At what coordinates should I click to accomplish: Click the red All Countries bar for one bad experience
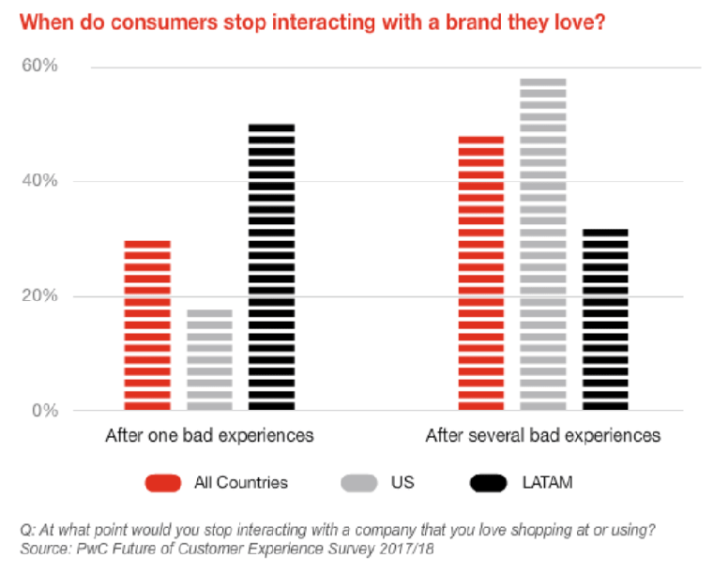click(x=147, y=325)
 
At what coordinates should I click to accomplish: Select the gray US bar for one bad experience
click(x=209, y=360)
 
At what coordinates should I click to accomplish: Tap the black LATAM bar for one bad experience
click(x=271, y=267)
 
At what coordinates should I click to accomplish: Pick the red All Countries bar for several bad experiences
click(x=481, y=273)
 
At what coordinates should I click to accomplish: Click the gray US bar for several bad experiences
click(x=543, y=245)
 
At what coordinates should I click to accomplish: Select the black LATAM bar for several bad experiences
click(x=605, y=320)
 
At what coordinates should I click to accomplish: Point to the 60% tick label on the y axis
click(x=39, y=67)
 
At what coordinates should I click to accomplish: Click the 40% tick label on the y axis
click(x=39, y=181)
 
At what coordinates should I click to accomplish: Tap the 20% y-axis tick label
click(x=39, y=296)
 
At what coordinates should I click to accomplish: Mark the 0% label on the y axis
click(x=44, y=411)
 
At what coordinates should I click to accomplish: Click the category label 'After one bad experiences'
click(x=209, y=436)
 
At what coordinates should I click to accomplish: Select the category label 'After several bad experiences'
click(x=543, y=436)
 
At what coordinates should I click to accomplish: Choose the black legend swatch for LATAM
click(x=491, y=483)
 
